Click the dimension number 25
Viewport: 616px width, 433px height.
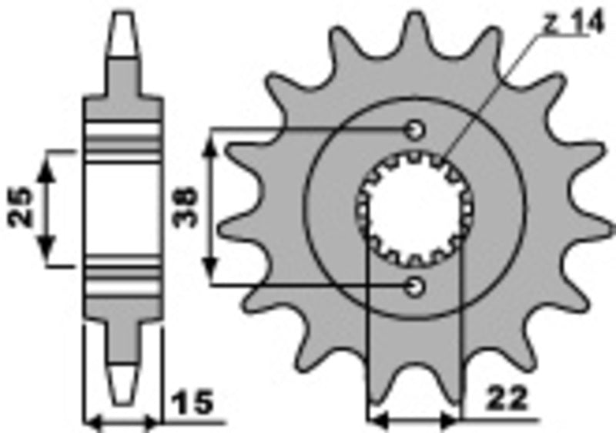click(23, 206)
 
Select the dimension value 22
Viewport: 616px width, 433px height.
click(507, 399)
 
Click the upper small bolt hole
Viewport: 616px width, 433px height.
click(415, 129)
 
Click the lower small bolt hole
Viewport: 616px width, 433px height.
click(415, 287)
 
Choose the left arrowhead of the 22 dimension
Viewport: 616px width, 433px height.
click(378, 421)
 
